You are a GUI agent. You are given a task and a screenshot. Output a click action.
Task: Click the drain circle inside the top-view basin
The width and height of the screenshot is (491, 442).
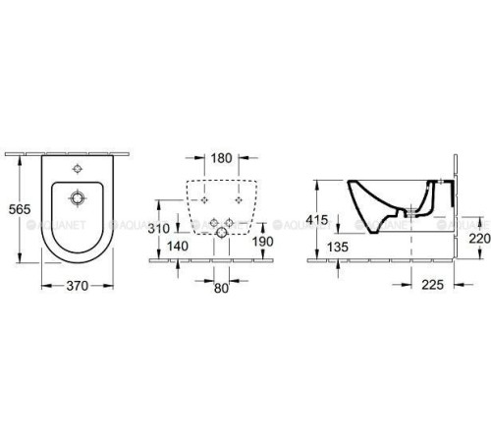click(x=77, y=198)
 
